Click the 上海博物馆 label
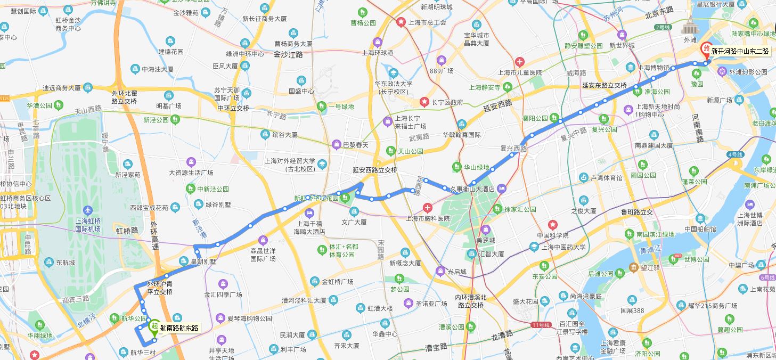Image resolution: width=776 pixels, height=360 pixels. coord(654,68)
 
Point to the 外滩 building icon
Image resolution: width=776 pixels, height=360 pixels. coord(690,27)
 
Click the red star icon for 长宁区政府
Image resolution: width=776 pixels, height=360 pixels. coord(424,102)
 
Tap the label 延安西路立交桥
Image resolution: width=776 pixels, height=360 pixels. coord(375,170)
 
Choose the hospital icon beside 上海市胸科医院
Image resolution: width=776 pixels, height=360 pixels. coord(427,208)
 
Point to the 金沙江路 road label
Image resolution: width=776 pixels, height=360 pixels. coord(288,54)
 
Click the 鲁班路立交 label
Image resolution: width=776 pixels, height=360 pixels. coord(636,211)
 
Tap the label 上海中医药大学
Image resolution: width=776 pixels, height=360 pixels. coord(563,247)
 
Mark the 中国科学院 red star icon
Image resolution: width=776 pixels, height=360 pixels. coord(553,225)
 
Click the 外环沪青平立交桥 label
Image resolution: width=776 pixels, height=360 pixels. coord(160,288)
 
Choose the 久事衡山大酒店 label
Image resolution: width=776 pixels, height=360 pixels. coord(473,189)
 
